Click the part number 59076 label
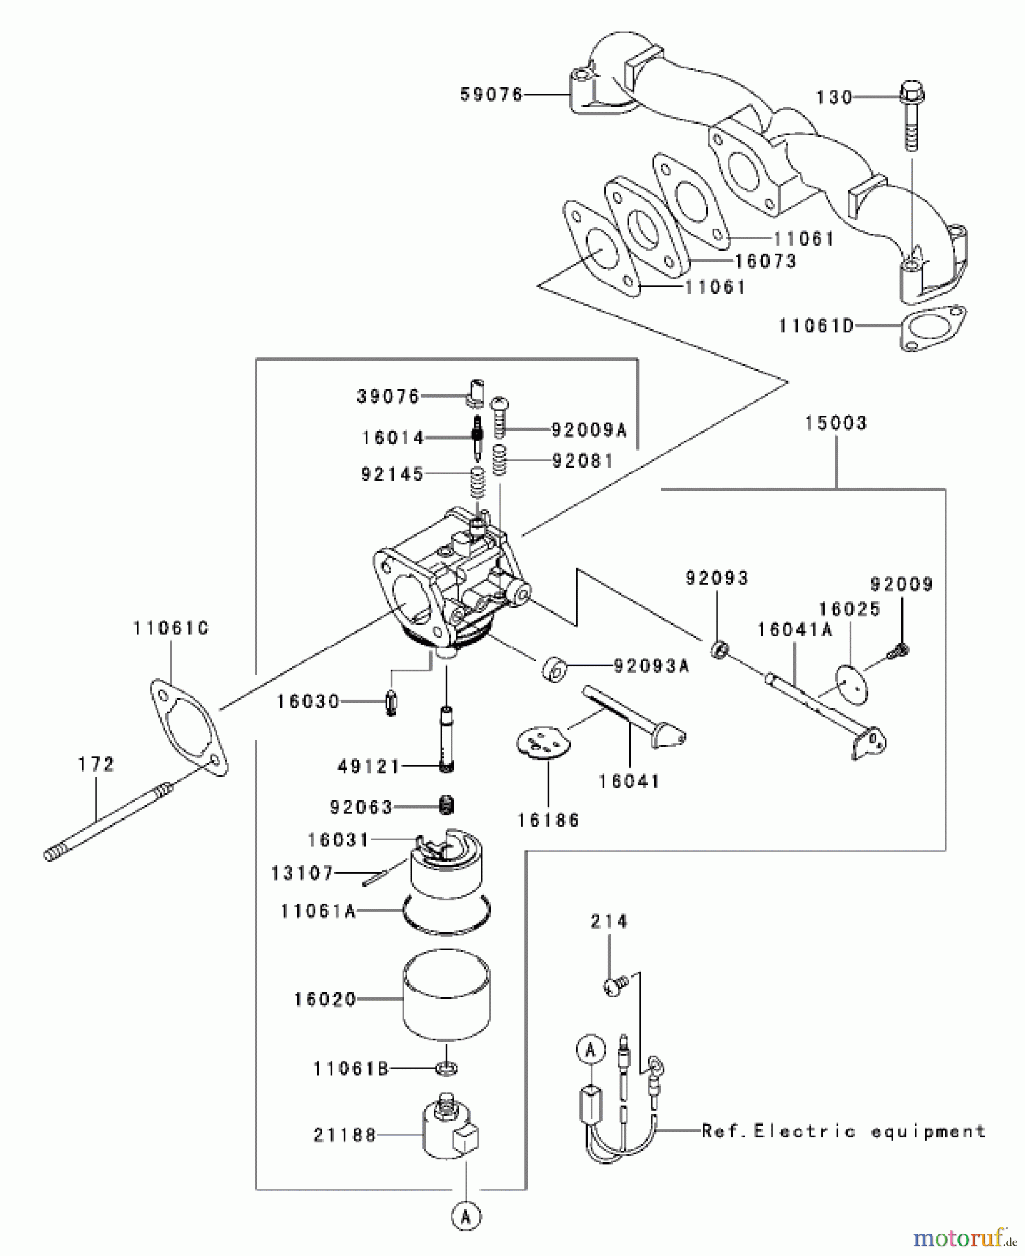(x=491, y=94)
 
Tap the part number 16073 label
(x=765, y=261)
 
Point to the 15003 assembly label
(x=835, y=423)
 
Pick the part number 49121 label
(x=368, y=766)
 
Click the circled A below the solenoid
(x=465, y=1216)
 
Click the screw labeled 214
(x=614, y=985)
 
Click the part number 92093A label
(x=650, y=666)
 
